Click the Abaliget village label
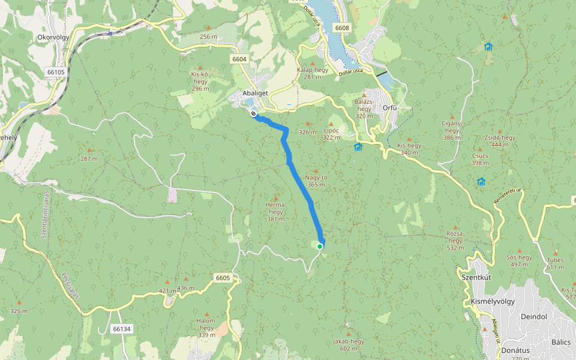point(254,93)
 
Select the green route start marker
point(320,246)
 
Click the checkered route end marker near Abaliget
point(254,113)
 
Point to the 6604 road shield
point(239,59)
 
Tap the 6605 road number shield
point(223,278)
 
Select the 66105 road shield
point(55,72)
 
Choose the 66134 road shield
point(121,329)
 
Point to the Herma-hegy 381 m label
point(275,211)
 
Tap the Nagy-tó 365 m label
point(316,181)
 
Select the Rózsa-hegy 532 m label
point(455,240)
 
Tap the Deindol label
point(534,316)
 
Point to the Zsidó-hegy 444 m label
point(500,141)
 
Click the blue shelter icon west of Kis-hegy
point(358,147)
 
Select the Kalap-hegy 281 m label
point(313,73)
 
